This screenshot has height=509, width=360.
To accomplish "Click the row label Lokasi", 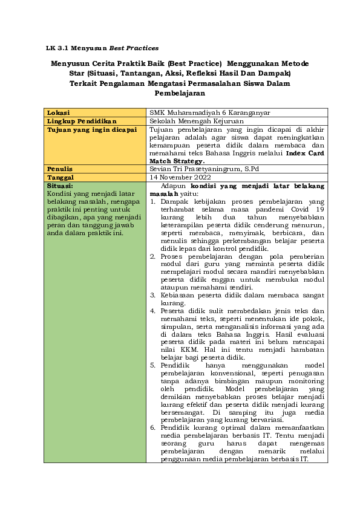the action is [58, 112].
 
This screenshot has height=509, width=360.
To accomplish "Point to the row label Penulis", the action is [60, 169].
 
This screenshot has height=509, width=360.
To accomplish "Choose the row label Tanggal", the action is [61, 177].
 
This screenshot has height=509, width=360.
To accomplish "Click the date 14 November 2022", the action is [178, 177].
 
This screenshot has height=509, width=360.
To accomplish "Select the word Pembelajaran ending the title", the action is [180, 94].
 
